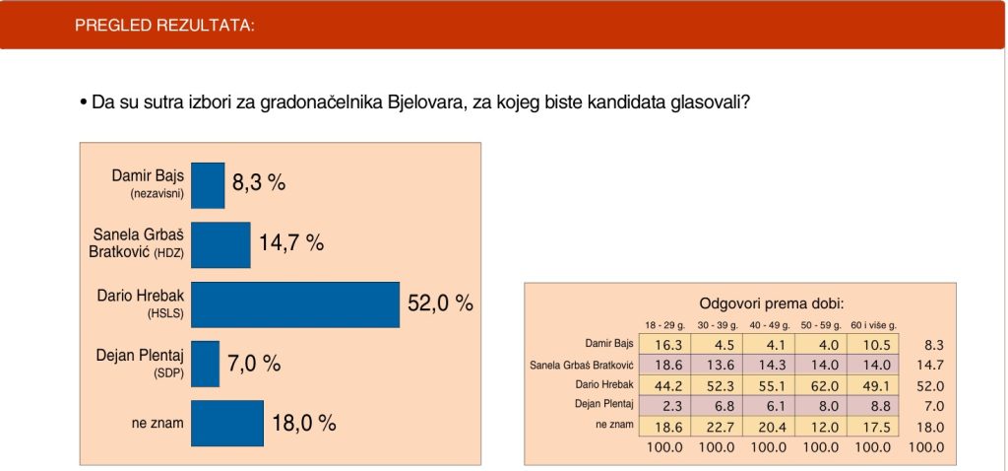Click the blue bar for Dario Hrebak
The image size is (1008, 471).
tap(295, 304)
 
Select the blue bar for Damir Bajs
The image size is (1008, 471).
tap(208, 185)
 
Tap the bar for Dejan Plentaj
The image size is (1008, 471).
tap(205, 365)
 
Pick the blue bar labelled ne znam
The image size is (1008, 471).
tap(227, 424)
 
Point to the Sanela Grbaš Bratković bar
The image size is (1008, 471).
tap(220, 245)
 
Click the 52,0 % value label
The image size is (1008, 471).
tap(440, 303)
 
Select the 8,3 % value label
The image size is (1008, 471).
tap(259, 183)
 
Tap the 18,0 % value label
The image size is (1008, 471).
tap(304, 423)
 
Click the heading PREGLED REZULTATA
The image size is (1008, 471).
tap(164, 26)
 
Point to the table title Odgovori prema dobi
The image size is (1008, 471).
tap(771, 303)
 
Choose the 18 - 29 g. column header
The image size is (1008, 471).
tap(664, 325)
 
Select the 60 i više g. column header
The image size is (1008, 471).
tap(874, 325)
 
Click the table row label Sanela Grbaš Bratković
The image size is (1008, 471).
tap(582, 366)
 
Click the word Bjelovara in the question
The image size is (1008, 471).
tap(426, 102)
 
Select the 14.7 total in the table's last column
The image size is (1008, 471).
tap(930, 366)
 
